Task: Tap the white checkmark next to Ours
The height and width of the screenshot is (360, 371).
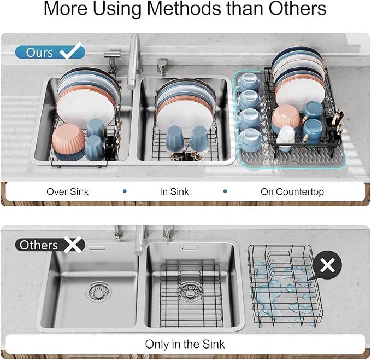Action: (71, 52)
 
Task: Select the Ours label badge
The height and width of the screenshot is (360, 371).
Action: (39, 53)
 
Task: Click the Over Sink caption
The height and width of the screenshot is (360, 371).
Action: (68, 191)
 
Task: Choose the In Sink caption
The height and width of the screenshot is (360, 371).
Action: (175, 191)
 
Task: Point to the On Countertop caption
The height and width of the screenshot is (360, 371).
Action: (292, 191)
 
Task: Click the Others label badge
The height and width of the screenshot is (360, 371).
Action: (38, 245)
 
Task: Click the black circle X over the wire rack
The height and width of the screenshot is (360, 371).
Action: (327, 266)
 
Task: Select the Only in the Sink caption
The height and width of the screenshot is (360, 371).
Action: (185, 344)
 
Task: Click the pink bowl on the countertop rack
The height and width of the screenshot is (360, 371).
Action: (285, 116)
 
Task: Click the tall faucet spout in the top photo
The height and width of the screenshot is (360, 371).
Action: (134, 60)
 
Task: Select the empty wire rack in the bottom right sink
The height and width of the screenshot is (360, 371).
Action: (191, 295)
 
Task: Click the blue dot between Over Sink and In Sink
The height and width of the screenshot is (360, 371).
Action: (125, 191)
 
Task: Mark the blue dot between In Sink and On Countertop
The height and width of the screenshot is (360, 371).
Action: (225, 191)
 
